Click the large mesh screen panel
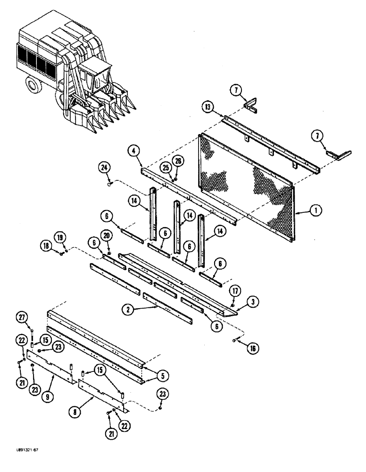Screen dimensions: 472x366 pos(245,189)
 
